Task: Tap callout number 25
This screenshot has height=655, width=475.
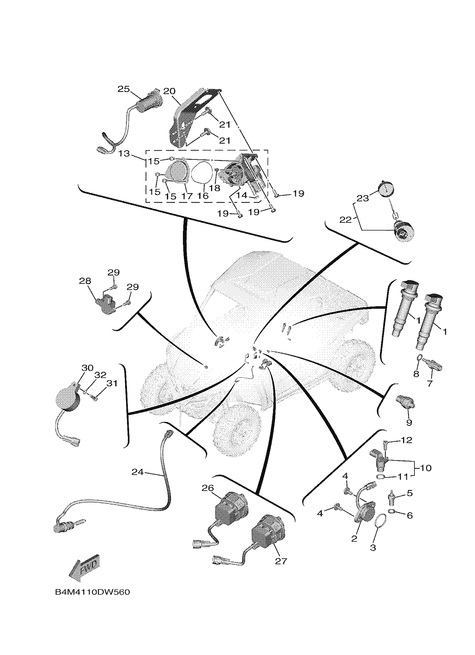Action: (123, 89)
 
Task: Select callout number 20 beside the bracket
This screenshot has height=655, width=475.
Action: (169, 91)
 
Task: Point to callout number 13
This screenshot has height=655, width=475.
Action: (124, 153)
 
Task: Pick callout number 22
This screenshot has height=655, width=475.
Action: (345, 220)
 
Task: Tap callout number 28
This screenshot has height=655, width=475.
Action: (85, 281)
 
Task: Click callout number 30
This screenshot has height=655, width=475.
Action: (87, 368)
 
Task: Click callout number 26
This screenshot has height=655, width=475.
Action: (208, 488)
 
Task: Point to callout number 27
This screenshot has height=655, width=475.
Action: (281, 561)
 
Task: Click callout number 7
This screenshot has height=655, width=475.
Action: (430, 384)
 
